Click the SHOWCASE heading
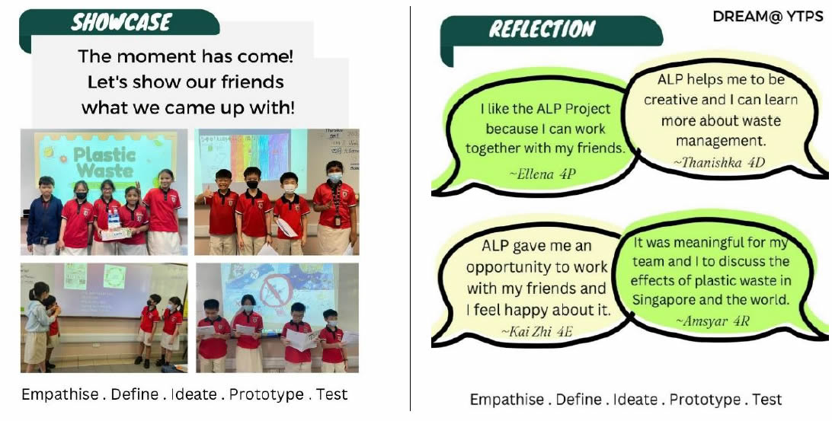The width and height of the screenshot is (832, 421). click(x=121, y=23)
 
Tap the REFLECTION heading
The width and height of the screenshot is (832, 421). click(x=542, y=29)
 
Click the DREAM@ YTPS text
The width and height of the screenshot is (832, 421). click(x=768, y=17)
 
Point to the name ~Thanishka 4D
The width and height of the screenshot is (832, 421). click(x=719, y=161)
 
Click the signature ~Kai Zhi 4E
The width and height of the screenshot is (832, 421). click(x=538, y=332)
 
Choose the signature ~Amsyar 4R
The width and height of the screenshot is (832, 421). click(x=712, y=321)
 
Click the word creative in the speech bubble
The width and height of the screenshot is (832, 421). click(x=670, y=100)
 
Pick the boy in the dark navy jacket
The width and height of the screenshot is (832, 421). click(x=44, y=215)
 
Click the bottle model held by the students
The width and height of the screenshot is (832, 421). click(x=113, y=226)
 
